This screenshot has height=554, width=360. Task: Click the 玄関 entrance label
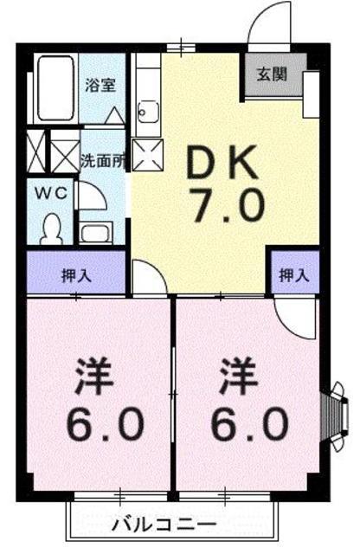[272, 74]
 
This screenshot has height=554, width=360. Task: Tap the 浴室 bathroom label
[100, 85]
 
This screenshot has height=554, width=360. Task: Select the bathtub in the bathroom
[56, 88]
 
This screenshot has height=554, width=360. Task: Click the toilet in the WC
[52, 229]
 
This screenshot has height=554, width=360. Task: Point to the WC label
[51, 193]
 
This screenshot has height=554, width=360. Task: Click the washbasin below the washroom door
[95, 233]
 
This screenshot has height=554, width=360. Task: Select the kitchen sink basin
[149, 112]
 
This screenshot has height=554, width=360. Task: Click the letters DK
[222, 164]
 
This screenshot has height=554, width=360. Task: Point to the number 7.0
[228, 204]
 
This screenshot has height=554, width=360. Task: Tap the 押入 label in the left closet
[77, 275]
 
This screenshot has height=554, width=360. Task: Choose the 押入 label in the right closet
[294, 275]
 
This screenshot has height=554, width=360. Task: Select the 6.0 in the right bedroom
[249, 423]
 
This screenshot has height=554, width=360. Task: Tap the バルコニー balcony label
[164, 525]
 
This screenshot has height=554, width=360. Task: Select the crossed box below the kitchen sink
[148, 155]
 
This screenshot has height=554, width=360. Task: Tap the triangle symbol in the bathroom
[115, 115]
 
